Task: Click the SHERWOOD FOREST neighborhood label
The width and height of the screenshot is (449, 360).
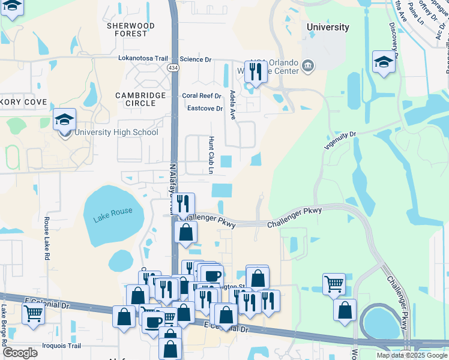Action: pos(130,30)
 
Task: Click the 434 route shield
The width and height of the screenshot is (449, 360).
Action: pos(173,68)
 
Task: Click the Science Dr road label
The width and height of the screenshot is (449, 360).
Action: pos(196,59)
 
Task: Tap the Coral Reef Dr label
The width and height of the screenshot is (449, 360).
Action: pos(202,95)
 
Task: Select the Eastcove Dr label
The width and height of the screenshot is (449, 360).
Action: pos(205,109)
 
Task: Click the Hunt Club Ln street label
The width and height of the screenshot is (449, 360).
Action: pos(211,154)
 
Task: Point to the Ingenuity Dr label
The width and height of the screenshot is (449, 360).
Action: pos(340,141)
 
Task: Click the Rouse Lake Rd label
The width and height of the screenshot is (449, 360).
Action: pos(46,238)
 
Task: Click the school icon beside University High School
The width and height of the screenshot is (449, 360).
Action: pos(64,121)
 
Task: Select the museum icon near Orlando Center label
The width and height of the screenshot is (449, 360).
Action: pos(308,65)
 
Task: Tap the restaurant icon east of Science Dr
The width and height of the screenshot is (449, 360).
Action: pos(255,73)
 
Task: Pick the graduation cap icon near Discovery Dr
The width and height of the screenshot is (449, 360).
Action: pos(384,62)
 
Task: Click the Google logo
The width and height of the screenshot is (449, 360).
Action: pos(20,353)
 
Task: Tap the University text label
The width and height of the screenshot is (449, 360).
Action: pos(327,27)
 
